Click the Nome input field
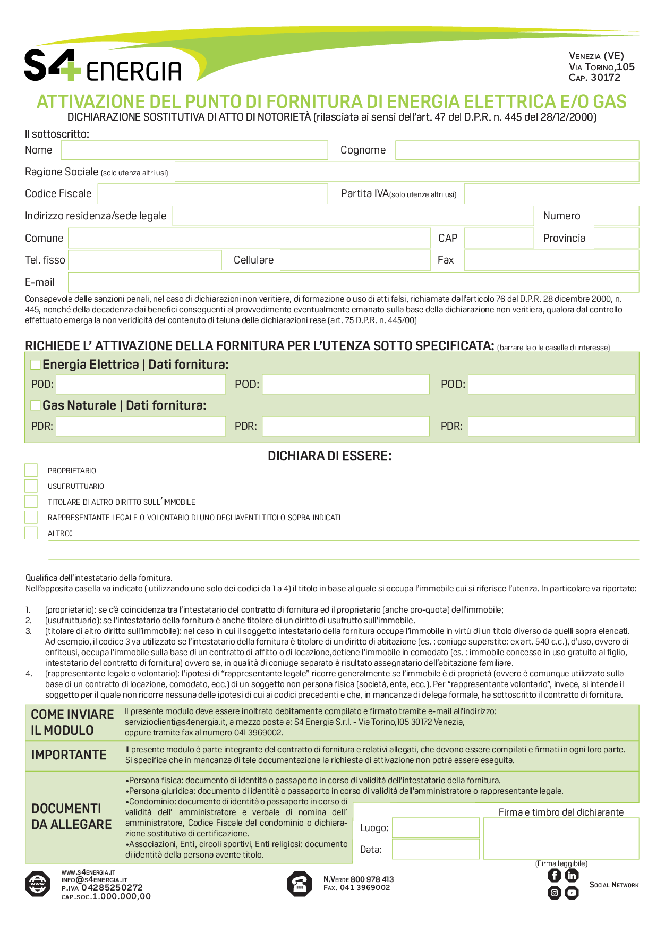194,150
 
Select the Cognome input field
517,150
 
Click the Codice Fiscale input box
212,194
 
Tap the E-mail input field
353,282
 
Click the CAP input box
499,238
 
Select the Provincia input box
616,238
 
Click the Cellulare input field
355,260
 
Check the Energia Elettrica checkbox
36,365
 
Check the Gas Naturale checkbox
36,405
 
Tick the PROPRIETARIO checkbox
31,470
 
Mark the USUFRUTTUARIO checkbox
31,486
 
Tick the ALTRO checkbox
31,533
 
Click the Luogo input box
436,828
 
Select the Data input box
436,849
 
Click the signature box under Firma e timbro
561,838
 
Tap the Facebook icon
554,876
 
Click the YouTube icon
572,893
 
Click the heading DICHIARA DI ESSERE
330,456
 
